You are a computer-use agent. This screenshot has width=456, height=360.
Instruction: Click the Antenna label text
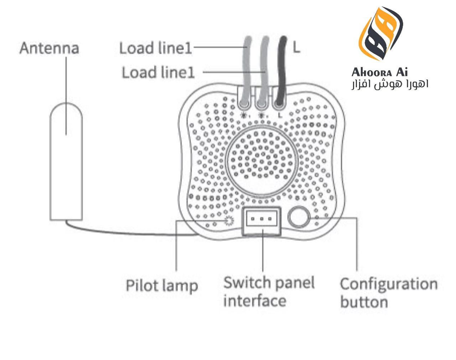click(x=49, y=48)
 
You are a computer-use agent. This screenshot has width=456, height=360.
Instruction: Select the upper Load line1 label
click(x=155, y=48)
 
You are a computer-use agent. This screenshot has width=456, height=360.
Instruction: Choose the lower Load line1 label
click(x=158, y=72)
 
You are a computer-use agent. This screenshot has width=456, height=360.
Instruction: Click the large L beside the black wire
click(x=296, y=47)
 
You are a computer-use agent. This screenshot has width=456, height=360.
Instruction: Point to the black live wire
click(x=282, y=68)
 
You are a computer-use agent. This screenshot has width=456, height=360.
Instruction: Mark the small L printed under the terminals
click(x=279, y=115)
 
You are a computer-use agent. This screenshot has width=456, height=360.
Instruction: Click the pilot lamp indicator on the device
click(x=228, y=221)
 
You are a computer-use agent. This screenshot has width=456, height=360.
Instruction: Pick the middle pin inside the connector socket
click(x=262, y=218)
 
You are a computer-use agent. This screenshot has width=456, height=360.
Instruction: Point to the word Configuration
click(x=389, y=284)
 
